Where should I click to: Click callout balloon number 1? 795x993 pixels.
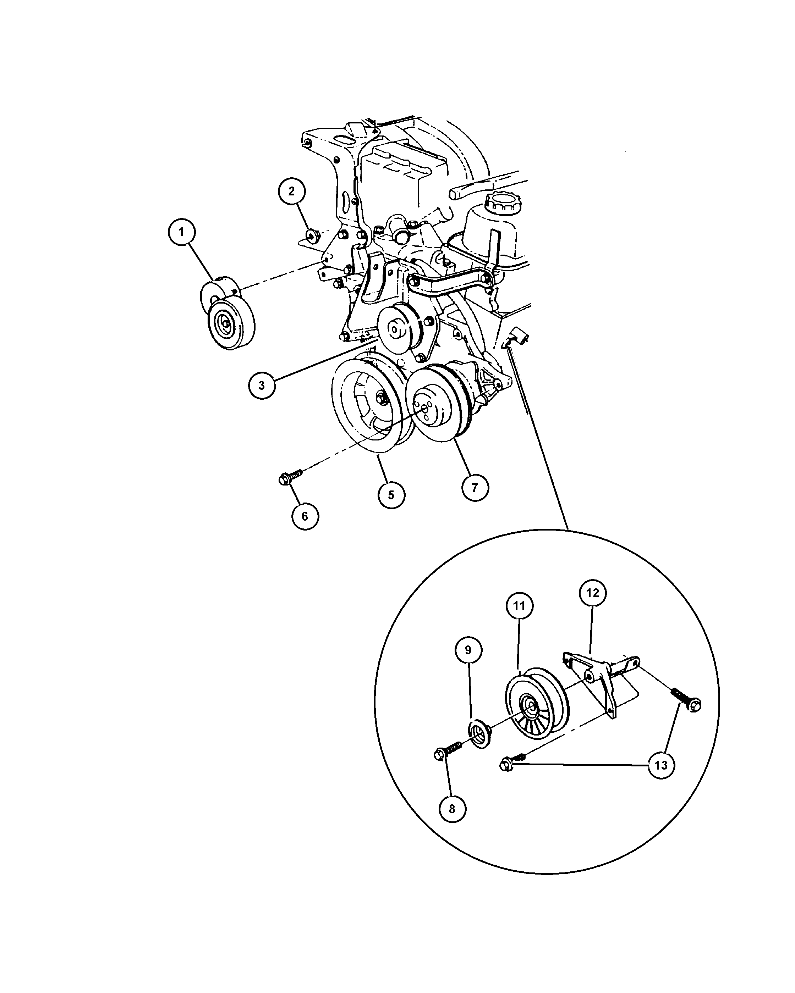[x=181, y=233]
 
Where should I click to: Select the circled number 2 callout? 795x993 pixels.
[x=291, y=191]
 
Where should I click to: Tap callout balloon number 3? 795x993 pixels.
[x=262, y=385]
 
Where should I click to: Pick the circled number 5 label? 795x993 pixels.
[x=391, y=495]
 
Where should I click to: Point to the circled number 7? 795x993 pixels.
[x=475, y=487]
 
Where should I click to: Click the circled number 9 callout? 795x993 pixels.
[x=468, y=650]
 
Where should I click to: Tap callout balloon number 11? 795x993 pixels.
[x=519, y=606]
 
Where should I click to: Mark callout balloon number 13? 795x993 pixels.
[x=661, y=765]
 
